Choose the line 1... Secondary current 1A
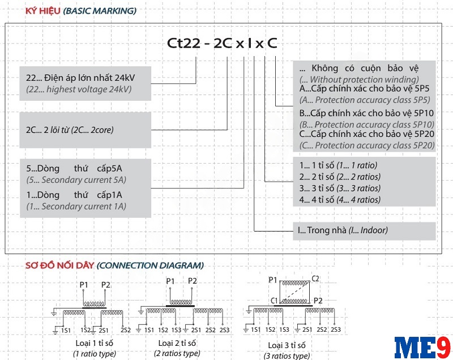click(x=76, y=207)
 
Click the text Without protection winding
click(x=359, y=80)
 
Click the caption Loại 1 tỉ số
click(x=95, y=342)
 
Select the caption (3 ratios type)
click(x=287, y=356)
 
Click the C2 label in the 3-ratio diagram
click(x=316, y=279)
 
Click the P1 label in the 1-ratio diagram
click(x=84, y=284)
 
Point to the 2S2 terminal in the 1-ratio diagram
click(x=126, y=330)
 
